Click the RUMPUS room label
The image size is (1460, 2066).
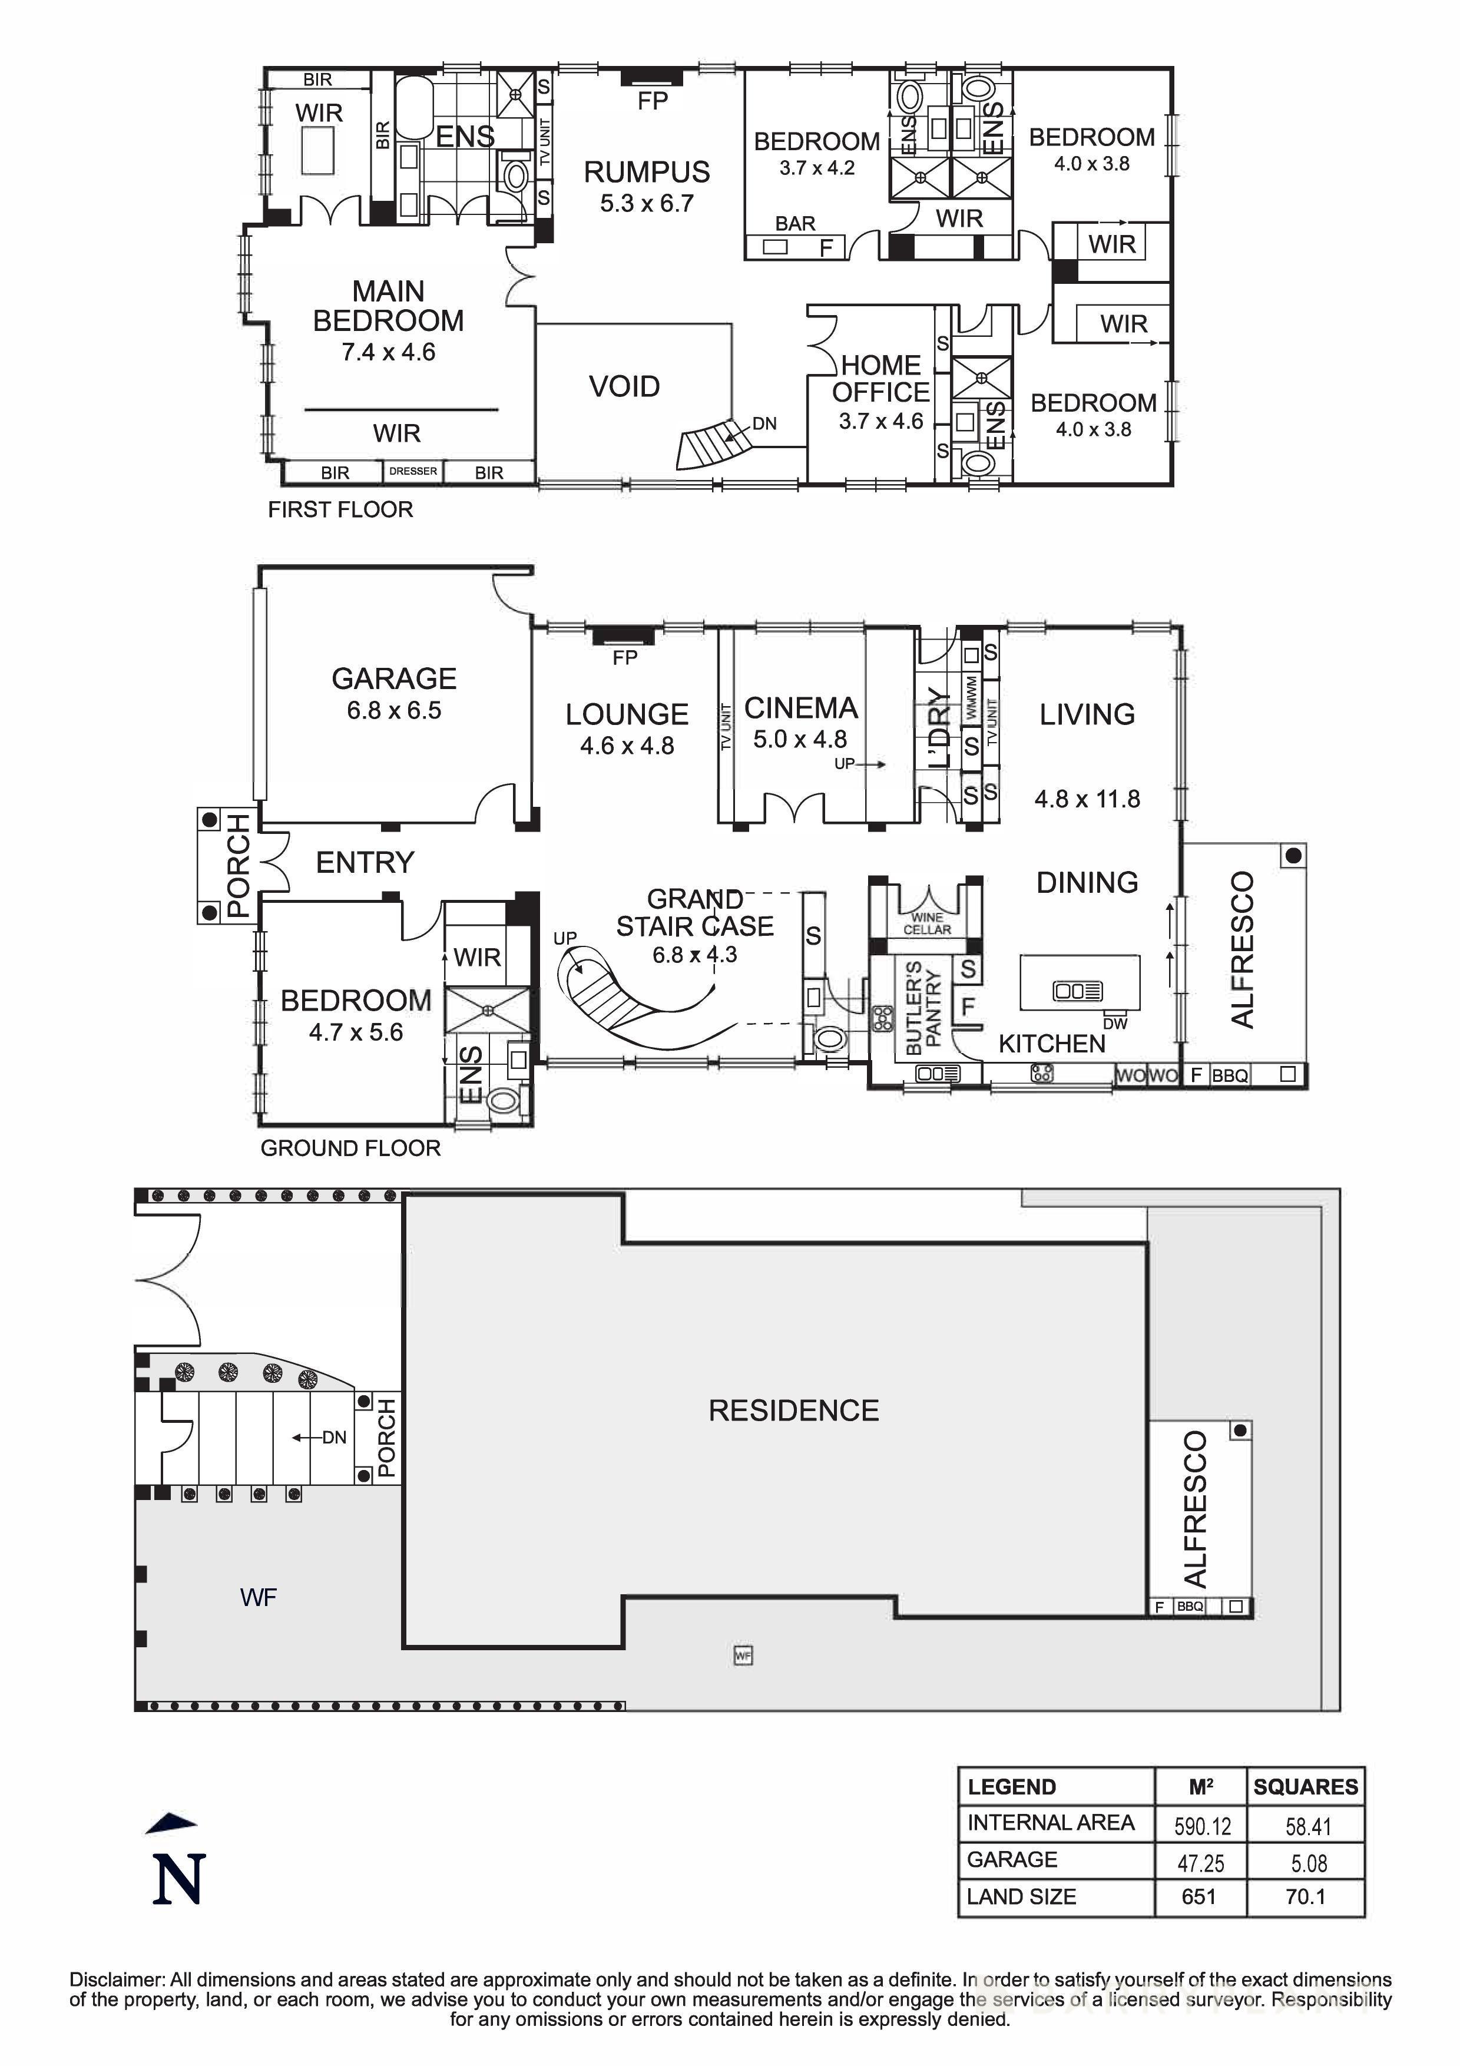click(647, 172)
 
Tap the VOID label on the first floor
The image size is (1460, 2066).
click(624, 387)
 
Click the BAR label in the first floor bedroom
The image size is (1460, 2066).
click(795, 223)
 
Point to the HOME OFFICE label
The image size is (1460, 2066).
click(880, 379)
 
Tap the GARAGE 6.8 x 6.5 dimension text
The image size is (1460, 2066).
click(394, 711)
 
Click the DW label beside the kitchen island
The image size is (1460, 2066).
click(1114, 1024)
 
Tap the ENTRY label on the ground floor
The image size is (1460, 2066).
click(365, 863)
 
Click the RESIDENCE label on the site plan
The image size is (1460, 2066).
click(793, 1410)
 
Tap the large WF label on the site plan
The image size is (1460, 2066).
click(258, 1597)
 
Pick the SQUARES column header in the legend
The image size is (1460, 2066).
click(1305, 1787)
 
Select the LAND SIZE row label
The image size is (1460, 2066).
click(1021, 1897)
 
